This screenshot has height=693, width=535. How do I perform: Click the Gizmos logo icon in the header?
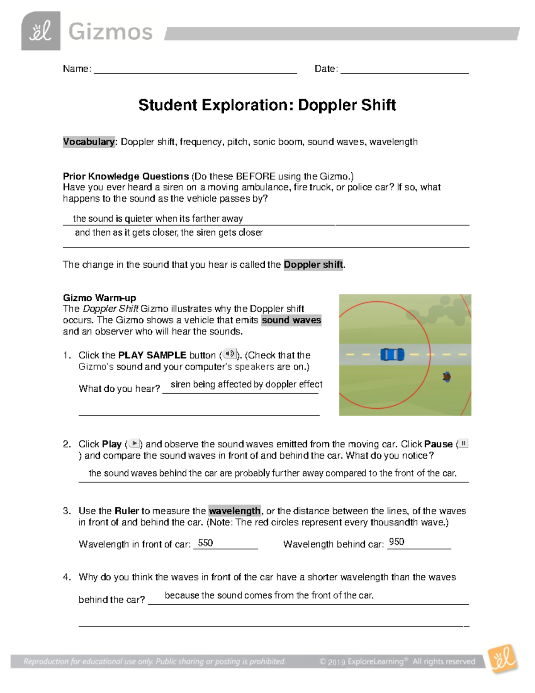click(x=41, y=31)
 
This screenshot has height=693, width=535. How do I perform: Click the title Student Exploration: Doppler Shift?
click(x=267, y=105)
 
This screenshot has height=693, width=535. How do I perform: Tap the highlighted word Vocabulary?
click(x=89, y=142)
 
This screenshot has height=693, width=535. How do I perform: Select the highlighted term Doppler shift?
click(x=313, y=265)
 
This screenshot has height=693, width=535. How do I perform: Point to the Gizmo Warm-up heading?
click(x=99, y=298)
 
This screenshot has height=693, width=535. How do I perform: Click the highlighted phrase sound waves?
click(x=291, y=320)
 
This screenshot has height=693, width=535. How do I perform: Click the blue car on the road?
click(x=392, y=355)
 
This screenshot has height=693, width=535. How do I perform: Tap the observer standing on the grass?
click(x=446, y=377)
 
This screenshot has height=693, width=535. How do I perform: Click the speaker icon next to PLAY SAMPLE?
click(x=229, y=354)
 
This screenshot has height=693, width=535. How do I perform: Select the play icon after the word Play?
click(x=134, y=444)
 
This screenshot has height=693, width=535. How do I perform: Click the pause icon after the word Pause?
click(x=464, y=444)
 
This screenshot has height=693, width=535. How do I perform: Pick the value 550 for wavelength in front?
click(x=206, y=543)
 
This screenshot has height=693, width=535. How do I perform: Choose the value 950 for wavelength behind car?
click(x=396, y=542)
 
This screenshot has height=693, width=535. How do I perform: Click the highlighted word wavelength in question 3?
click(x=235, y=511)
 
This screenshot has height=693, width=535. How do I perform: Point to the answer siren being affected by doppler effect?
click(x=247, y=384)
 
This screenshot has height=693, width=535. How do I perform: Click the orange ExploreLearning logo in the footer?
click(x=503, y=659)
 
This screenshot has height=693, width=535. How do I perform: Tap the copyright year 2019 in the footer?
click(x=337, y=662)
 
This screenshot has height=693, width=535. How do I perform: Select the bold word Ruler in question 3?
click(x=127, y=511)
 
